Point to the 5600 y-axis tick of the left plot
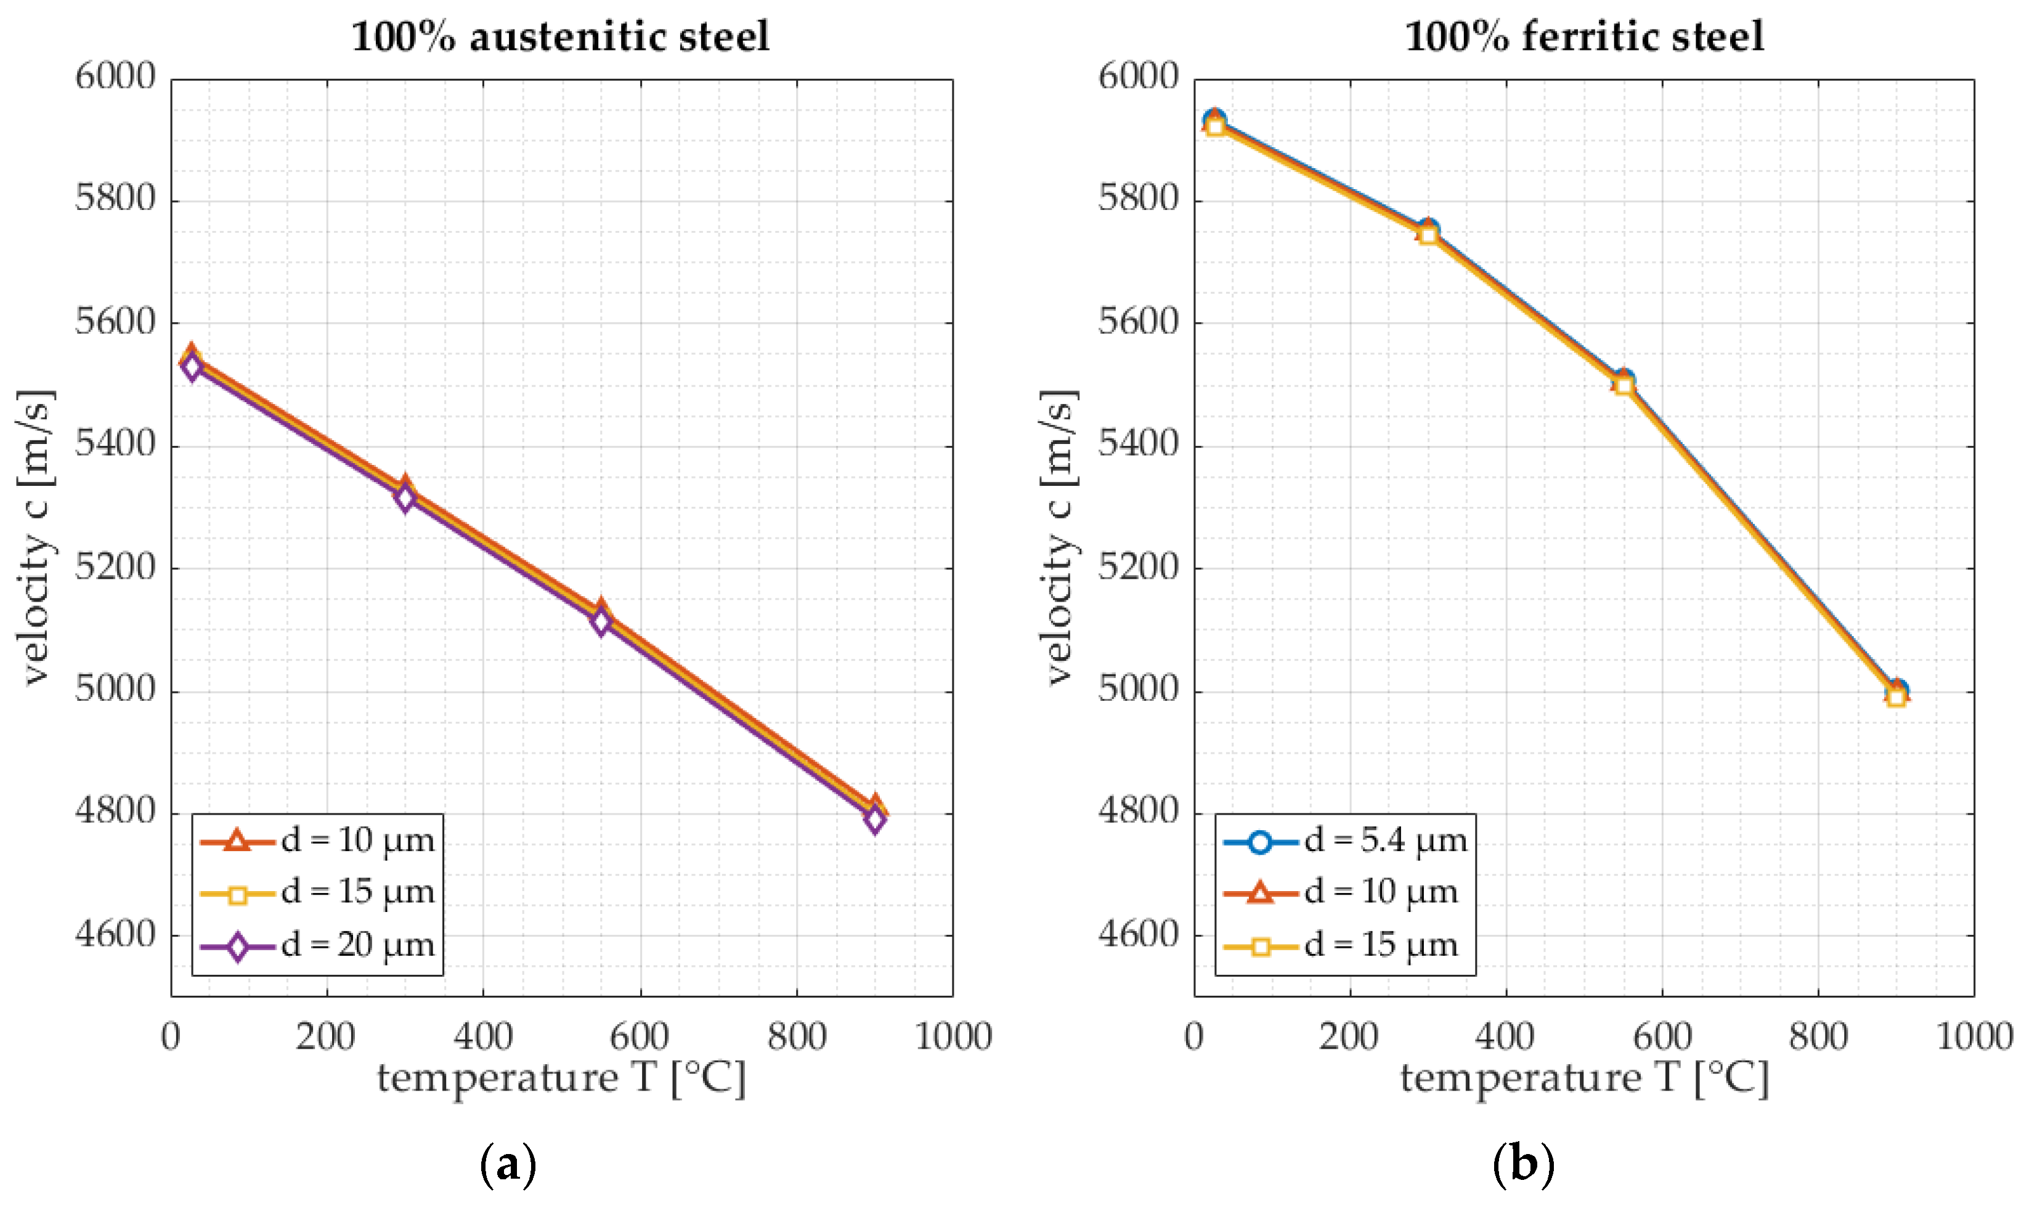pos(115,323)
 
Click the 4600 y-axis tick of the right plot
pos(1138,935)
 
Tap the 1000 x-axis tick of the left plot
pos(953,1037)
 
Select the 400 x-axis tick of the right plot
pos(1506,1037)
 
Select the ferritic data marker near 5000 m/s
pos(1896,694)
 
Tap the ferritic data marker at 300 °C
pos(1428,233)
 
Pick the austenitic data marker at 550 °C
pos(600,617)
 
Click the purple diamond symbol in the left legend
pos(238,947)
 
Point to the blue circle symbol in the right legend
pos(1260,841)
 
